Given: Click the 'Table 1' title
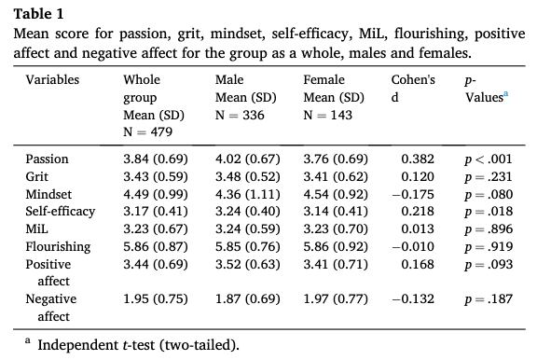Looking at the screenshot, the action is [x=39, y=14].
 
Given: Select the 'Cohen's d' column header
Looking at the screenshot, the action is [x=413, y=89].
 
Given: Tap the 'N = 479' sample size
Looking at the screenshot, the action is [x=147, y=132].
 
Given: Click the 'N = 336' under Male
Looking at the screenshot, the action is [x=240, y=115].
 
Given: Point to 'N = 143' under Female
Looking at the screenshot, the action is [x=328, y=115].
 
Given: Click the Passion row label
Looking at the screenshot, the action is [x=47, y=159].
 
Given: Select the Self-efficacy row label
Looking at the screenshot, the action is [x=61, y=212].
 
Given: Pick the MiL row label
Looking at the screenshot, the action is [x=36, y=228].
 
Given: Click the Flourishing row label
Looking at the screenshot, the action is [x=58, y=246].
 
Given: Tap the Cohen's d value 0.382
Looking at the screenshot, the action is [x=418, y=159].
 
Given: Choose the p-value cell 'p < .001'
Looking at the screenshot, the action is [x=489, y=159].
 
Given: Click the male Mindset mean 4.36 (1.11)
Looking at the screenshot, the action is [x=248, y=194].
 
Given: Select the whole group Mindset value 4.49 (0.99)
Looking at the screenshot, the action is [x=156, y=194].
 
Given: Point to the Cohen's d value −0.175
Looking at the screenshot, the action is [x=413, y=194].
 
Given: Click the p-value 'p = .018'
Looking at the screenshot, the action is [x=489, y=212].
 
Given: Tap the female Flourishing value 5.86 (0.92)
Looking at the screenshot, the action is [x=336, y=246].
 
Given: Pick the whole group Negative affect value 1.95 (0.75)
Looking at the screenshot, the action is [x=156, y=299].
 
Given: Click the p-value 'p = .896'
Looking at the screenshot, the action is [x=489, y=228].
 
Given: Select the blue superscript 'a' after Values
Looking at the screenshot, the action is [x=506, y=94].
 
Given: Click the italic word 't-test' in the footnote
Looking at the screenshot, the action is [x=139, y=345].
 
